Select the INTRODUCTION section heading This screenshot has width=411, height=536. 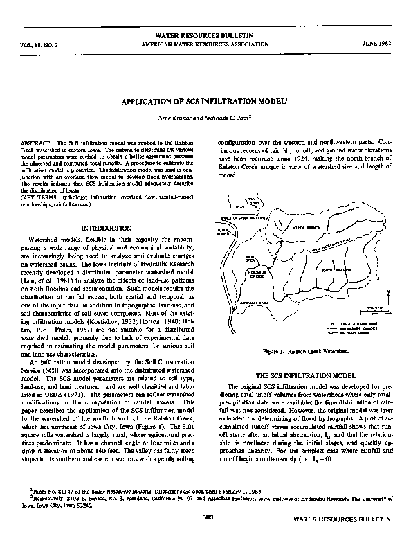(x=106, y=227)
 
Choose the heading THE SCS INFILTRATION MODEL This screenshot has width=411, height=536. (x=304, y=375)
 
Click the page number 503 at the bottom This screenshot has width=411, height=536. (x=205, y=518)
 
